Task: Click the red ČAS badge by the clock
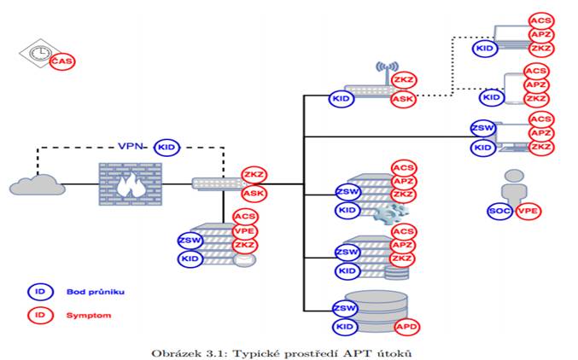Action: [x=62, y=61]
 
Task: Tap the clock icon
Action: [x=40, y=54]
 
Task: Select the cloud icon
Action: [x=38, y=185]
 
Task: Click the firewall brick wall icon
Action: [x=130, y=184]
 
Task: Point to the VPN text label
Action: [x=130, y=146]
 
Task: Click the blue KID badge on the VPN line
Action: [x=166, y=148]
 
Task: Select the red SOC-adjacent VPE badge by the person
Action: [x=528, y=211]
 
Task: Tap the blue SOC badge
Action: [x=499, y=211]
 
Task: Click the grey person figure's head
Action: [x=514, y=176]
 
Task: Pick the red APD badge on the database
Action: [x=407, y=327]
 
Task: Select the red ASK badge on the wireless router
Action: [x=403, y=99]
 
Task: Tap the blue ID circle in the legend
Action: [x=40, y=292]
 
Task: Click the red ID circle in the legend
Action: [x=40, y=316]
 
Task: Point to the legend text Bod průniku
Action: [x=96, y=292]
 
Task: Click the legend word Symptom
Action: [x=89, y=316]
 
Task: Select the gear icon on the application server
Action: [x=391, y=213]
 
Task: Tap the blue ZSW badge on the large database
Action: [x=345, y=308]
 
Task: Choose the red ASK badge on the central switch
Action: [x=254, y=193]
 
